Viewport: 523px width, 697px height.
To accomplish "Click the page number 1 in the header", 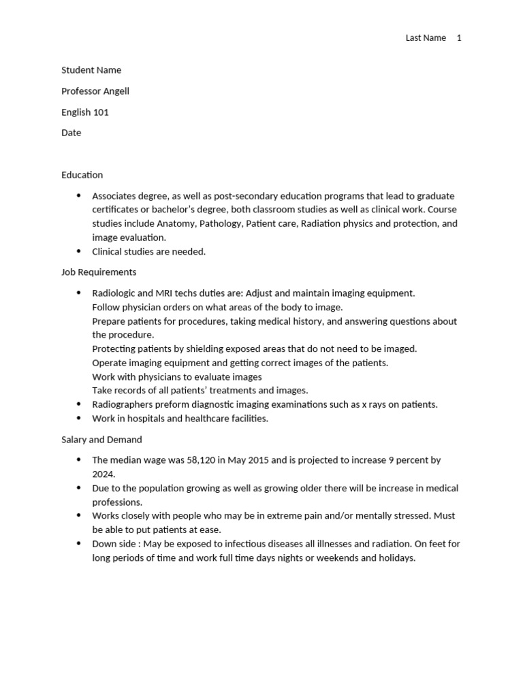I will tap(459, 38).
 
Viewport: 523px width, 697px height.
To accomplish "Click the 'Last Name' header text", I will tap(426, 38).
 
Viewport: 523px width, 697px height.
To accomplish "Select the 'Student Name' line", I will tap(91, 70).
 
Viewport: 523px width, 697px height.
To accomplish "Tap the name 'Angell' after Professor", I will tap(115, 91).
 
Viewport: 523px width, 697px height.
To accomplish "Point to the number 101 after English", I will tap(101, 112).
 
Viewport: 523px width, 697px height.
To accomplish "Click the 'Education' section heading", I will tap(82, 175).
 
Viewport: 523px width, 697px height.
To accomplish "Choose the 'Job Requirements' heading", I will tap(99, 272).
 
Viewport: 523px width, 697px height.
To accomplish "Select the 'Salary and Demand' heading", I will tap(101, 440).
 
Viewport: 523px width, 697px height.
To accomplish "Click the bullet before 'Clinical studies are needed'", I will tap(78, 251).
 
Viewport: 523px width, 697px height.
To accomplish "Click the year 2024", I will tap(104, 474).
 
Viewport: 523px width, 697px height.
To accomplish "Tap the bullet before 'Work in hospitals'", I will tap(78, 419).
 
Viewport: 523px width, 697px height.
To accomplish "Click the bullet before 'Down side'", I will tap(78, 544).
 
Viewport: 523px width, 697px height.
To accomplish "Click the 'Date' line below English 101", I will tap(71, 133).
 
